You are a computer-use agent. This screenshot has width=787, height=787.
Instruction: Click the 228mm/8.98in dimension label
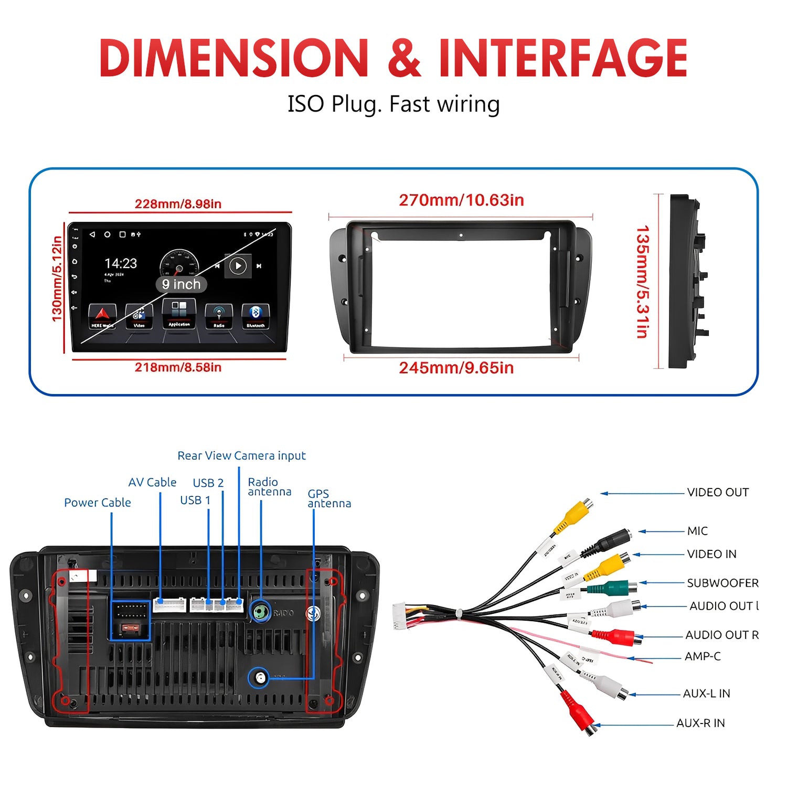coord(178,204)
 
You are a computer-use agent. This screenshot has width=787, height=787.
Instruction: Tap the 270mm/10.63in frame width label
coord(461,200)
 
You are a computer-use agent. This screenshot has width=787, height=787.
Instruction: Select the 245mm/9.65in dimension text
coord(456,368)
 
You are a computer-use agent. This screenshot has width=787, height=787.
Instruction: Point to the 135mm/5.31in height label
coord(642,282)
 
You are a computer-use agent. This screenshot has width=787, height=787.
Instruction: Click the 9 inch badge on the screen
coord(182,284)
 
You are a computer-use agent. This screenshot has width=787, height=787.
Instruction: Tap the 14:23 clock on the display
coord(121,263)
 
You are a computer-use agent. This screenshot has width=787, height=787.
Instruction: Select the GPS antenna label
coord(329,498)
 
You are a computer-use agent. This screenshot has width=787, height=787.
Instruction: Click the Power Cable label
coord(98,503)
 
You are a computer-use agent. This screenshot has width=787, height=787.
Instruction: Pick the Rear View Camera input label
coord(241,455)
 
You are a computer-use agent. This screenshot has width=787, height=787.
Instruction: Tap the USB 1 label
coord(195,501)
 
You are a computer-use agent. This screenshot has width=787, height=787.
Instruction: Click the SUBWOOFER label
coord(722,583)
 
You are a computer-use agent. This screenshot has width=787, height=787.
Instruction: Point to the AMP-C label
coord(703,656)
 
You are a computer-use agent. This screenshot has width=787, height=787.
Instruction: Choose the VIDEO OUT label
coord(718,492)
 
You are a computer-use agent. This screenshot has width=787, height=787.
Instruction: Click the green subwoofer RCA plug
coord(611,587)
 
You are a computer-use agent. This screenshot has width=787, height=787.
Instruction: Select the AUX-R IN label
coord(700,723)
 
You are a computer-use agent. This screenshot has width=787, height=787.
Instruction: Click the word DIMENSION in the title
coord(234,58)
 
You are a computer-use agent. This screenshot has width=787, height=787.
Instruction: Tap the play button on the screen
coord(238,266)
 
